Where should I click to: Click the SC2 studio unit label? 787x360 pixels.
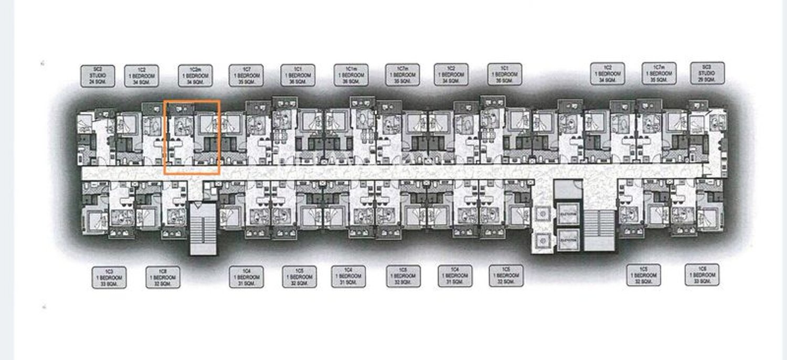[98, 76]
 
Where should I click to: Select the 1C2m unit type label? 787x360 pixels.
[196, 76]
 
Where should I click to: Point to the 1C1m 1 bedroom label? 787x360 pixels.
[351, 75]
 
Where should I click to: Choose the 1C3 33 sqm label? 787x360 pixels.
[109, 277]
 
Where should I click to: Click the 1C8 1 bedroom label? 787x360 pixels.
[163, 277]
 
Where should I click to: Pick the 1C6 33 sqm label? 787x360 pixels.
[701, 274]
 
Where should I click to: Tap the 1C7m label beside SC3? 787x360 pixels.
[659, 73]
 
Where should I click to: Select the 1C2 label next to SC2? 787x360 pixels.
[142, 76]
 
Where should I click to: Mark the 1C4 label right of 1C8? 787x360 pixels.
[247, 277]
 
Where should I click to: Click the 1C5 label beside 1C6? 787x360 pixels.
[643, 275]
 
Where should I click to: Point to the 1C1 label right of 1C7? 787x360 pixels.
[298, 75]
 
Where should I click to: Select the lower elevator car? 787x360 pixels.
[569, 239]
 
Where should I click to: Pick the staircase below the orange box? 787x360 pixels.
[203, 229]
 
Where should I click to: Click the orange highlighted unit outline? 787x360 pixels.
[192, 137]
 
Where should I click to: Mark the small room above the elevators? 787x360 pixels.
[569, 189]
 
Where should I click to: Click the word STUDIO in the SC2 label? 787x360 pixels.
[98, 76]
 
